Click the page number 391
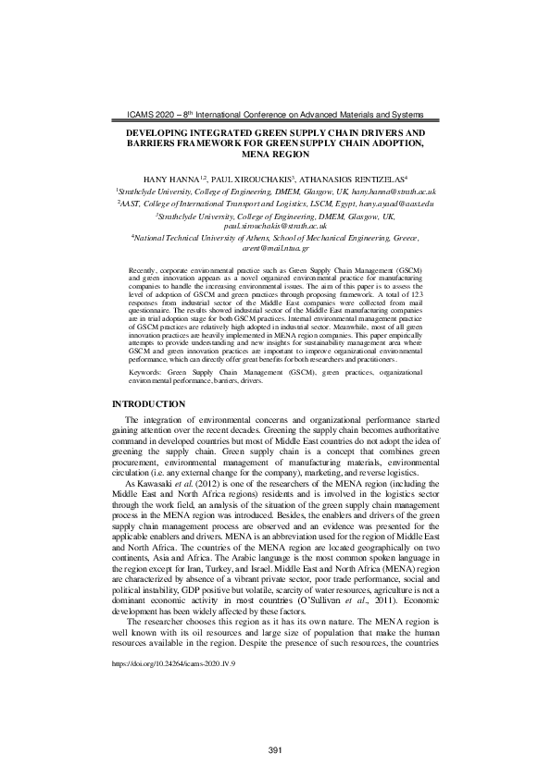(275, 723)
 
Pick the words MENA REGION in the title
(275, 155)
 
